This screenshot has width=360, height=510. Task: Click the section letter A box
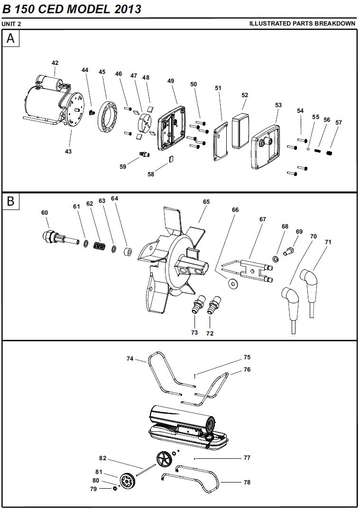coord(11,38)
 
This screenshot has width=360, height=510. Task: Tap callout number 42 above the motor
coord(55,63)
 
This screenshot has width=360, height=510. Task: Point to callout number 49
coord(171,81)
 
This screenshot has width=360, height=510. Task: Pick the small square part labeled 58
coord(171,159)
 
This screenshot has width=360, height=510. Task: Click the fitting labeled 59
coord(144,154)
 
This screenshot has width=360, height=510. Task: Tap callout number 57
coord(339,123)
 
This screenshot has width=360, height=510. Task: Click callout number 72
coord(210,333)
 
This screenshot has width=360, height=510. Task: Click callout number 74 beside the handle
coord(130,359)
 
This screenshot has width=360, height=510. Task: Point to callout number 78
coord(247,483)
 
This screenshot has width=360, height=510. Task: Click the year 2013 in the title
coord(128,9)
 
